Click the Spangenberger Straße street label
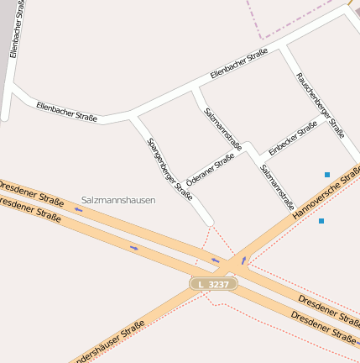[x=170, y=169]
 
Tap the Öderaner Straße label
[x=210, y=168]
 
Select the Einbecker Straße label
[x=293, y=138]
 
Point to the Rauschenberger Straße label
[x=320, y=104]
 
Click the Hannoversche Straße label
[x=326, y=194]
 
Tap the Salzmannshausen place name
[x=118, y=201]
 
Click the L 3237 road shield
[x=213, y=285]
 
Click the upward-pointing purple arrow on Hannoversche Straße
[x=244, y=260]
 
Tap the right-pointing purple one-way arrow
[x=134, y=247]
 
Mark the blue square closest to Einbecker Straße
[x=327, y=175]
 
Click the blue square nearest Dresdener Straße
[x=321, y=221]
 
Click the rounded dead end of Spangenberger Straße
[x=208, y=222]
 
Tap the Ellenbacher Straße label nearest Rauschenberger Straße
[x=238, y=64]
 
